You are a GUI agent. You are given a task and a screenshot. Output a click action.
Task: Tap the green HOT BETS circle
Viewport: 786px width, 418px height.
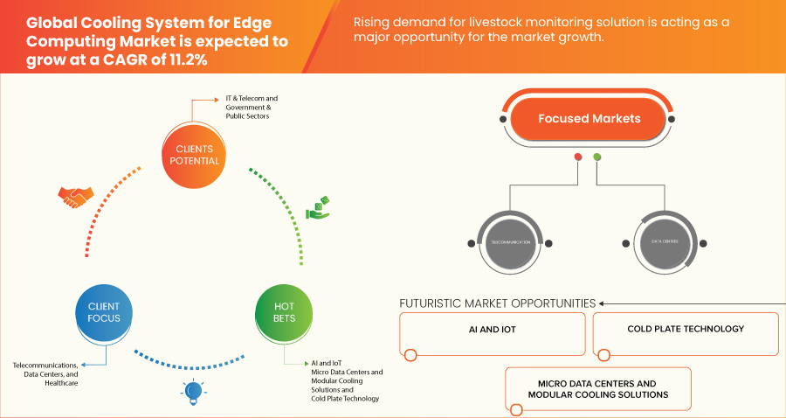pos(284,312)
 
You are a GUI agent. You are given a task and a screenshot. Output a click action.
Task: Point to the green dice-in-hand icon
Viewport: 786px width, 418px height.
pos(317,209)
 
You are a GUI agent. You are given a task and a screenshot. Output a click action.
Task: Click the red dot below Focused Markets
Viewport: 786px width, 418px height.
pos(577,157)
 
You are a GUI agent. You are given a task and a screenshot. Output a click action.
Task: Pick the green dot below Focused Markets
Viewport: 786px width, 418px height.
pos(597,157)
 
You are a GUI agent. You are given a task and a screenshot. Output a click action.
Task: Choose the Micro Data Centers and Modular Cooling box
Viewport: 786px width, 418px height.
pos(597,388)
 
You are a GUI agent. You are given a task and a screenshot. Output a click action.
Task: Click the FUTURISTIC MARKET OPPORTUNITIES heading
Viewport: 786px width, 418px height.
pos(497,303)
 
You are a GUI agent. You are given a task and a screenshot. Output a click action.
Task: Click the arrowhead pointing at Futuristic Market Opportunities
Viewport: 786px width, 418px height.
pos(603,303)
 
